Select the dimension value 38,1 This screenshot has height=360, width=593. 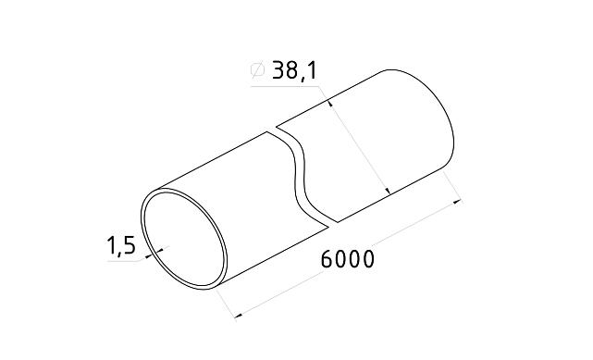coord(295,70)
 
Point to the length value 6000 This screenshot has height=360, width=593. coord(348,259)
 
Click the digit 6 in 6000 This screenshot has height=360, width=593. coord(327,259)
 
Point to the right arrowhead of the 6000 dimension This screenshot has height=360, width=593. coord(459,201)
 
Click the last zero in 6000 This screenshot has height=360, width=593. coord(368,259)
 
